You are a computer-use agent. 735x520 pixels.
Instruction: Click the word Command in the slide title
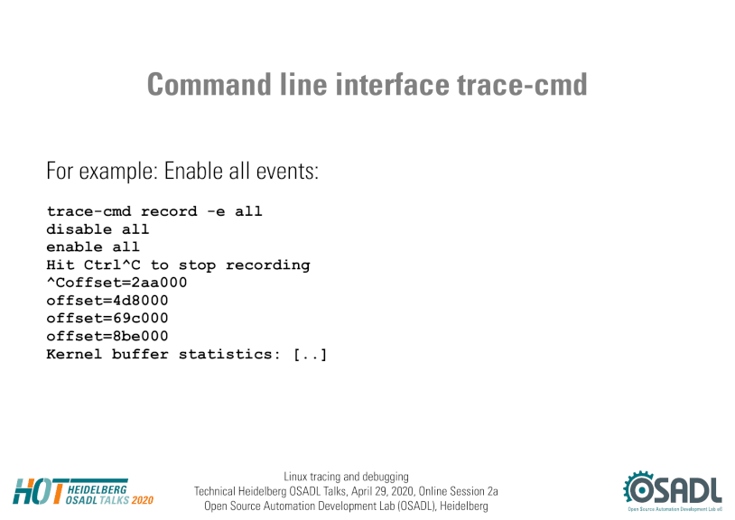pos(209,84)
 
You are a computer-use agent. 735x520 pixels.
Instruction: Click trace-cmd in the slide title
pos(522,84)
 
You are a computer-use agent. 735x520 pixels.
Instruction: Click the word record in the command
pos(169,211)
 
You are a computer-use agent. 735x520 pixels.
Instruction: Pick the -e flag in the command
pos(216,212)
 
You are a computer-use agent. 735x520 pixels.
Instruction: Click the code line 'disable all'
pos(98,229)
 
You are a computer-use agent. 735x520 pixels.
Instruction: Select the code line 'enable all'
pos(93,246)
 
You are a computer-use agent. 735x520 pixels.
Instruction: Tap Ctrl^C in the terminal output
pos(112,265)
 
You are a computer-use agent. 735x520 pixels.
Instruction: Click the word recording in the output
pos(267,265)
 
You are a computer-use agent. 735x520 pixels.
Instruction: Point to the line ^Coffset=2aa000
pos(116,283)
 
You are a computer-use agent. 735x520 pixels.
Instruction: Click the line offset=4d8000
pos(107,301)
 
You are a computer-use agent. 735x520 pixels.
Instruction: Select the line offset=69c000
pos(107,318)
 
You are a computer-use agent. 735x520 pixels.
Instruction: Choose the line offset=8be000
pos(107,336)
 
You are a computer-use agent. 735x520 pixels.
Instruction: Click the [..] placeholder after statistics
pos(310,354)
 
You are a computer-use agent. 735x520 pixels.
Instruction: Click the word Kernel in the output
pos(74,354)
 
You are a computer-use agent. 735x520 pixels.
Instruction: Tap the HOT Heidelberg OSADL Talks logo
pos(83,492)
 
